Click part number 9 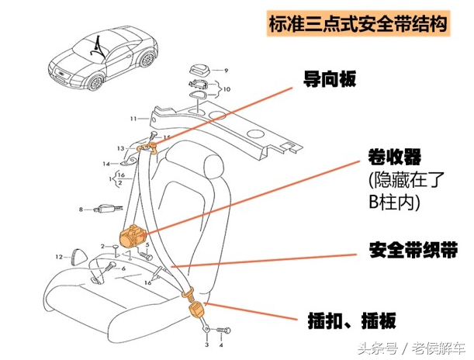227,71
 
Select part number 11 133,119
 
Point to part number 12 58,256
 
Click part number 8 80,209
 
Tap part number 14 106,164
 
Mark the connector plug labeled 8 104,209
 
